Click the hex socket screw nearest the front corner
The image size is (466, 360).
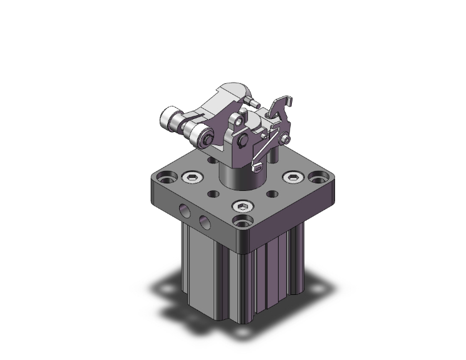pyautogui.click(x=243, y=207)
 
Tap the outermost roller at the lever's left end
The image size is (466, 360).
pyautogui.click(x=168, y=117)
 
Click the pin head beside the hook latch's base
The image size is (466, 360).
pyautogui.click(x=286, y=139)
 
